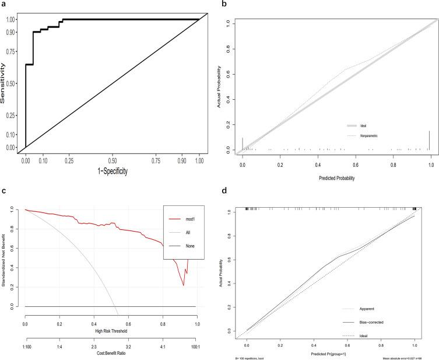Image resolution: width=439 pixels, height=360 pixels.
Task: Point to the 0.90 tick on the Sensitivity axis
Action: pyautogui.click(x=10, y=32)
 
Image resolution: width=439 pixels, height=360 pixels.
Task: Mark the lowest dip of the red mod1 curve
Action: pyautogui.click(x=183, y=285)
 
